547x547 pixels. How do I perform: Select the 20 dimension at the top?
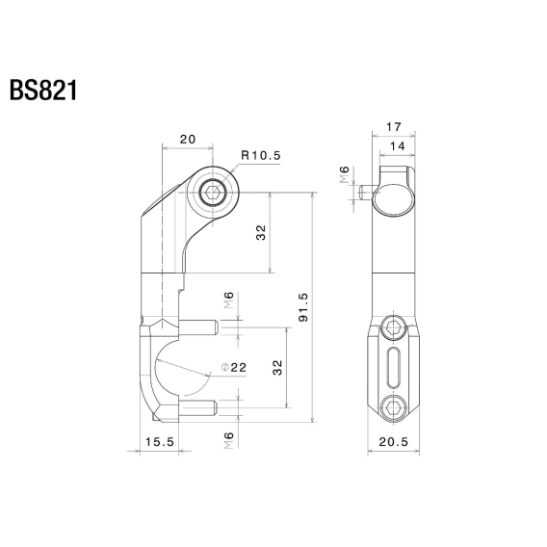pyautogui.click(x=188, y=140)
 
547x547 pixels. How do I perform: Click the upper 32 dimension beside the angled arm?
pyautogui.click(x=261, y=233)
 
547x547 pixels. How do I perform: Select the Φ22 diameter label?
pyautogui.click(x=235, y=367)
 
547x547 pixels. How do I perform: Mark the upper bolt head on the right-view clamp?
pyautogui.click(x=392, y=329)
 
